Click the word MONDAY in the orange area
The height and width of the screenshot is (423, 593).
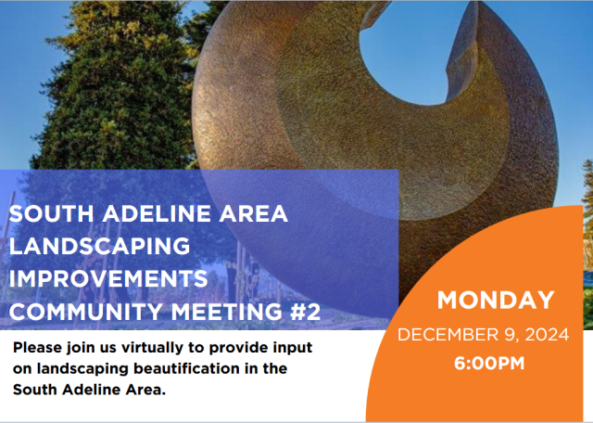point(496,301)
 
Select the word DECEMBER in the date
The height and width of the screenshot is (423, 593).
point(446,334)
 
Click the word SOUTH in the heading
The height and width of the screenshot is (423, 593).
point(42,213)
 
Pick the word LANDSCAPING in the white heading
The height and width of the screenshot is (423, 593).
point(99,247)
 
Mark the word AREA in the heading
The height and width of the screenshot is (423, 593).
point(253,213)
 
